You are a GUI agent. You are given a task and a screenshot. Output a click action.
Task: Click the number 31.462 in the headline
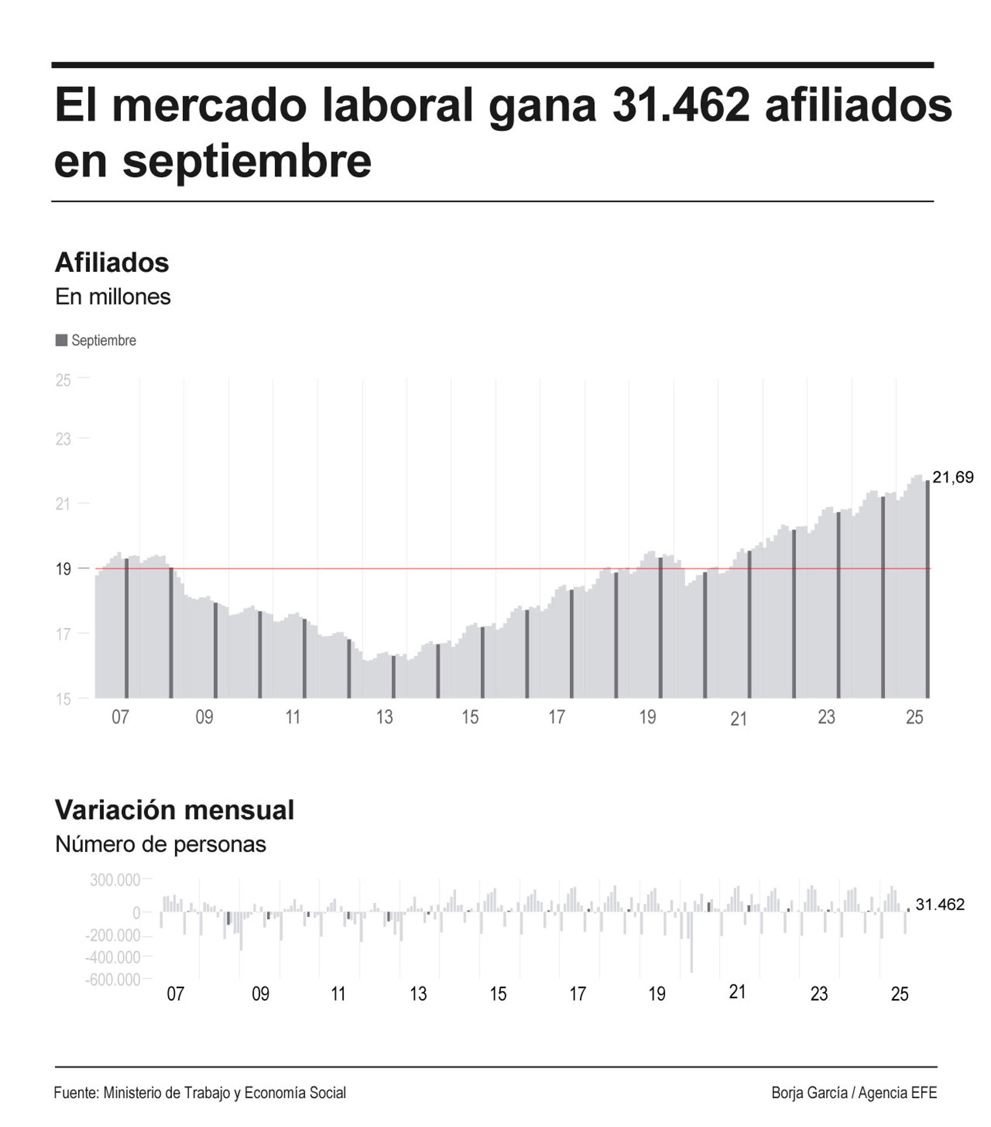coord(680,106)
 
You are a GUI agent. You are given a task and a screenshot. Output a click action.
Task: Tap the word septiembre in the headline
coord(247,161)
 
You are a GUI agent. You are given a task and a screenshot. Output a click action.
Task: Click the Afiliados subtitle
coord(112,262)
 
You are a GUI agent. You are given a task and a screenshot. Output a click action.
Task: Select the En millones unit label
coord(113,297)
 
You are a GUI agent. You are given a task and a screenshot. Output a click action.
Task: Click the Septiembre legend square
coord(61,340)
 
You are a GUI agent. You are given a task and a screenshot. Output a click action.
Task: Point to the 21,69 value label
coord(952,477)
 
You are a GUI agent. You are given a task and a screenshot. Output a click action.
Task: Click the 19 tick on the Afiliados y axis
coord(63,569)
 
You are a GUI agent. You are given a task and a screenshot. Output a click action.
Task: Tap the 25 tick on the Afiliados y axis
coord(63,380)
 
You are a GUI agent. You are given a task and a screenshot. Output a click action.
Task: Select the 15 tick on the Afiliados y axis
coord(63,699)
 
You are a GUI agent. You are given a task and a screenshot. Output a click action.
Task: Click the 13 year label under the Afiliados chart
coord(384,717)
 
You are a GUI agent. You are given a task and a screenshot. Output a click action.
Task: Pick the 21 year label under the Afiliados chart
coord(738,719)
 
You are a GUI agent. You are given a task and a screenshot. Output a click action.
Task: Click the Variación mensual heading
coord(174,810)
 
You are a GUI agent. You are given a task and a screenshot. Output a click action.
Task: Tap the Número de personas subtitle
coord(160,844)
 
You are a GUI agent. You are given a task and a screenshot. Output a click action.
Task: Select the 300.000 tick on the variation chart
coord(115,880)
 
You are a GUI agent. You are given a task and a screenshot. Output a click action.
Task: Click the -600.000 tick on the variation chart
coord(113,980)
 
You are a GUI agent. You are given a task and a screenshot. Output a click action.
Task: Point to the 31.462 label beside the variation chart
coord(939,905)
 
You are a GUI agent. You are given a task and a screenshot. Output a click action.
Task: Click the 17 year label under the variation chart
coord(578,994)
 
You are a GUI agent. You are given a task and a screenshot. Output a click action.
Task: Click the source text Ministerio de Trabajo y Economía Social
coord(224,1093)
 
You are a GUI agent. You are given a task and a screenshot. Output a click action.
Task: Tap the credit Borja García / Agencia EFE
coord(854,1093)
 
